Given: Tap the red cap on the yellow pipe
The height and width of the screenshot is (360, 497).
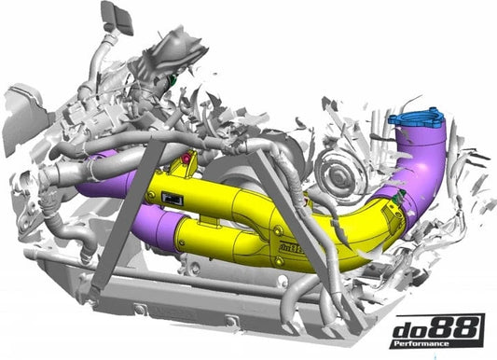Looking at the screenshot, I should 186,160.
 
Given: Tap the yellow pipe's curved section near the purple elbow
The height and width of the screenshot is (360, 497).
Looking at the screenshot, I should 359,237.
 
